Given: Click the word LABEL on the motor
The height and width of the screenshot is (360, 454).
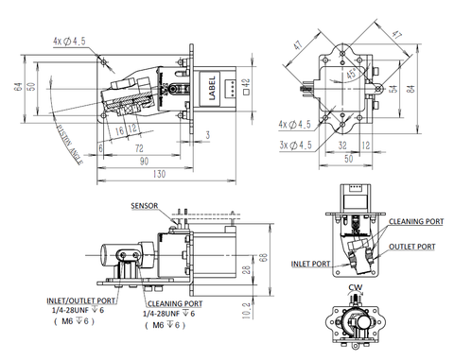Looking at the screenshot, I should (212, 90).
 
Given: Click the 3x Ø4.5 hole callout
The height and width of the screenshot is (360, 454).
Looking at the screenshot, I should (295, 145).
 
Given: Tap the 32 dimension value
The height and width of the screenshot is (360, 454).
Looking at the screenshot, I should (340, 146).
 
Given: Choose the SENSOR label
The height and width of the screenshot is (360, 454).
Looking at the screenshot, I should (145, 205).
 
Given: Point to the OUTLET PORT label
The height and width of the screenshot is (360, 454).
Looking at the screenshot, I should (413, 247).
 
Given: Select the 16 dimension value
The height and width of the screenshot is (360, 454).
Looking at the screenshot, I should (120, 129).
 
